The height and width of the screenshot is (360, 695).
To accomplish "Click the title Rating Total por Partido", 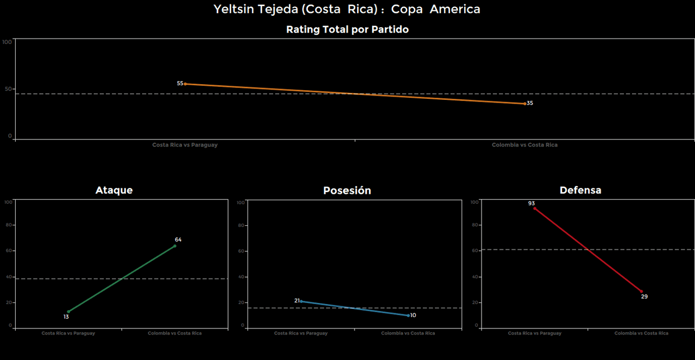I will pyautogui.click(x=347, y=30).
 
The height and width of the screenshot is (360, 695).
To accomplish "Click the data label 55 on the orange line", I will pyautogui.click(x=180, y=84).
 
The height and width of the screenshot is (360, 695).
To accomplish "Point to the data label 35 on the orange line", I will pyautogui.click(x=530, y=103).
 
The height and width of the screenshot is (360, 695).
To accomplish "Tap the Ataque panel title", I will pyautogui.click(x=114, y=190).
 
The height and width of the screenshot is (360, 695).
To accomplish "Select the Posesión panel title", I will pyautogui.click(x=347, y=191).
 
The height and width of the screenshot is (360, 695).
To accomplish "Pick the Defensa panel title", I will pyautogui.click(x=580, y=190).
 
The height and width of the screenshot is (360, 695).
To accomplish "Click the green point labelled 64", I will pyautogui.click(x=175, y=246).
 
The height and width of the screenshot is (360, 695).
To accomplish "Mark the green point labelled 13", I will pyautogui.click(x=68, y=312).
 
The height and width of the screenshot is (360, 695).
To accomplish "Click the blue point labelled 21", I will pyautogui.click(x=301, y=301).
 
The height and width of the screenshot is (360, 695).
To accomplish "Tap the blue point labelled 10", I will pyautogui.click(x=408, y=315).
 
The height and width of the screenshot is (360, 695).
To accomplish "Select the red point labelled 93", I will pyautogui.click(x=534, y=209).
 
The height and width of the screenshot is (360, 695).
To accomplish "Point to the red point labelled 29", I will pyautogui.click(x=641, y=292).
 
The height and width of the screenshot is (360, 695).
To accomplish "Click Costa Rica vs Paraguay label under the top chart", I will pyautogui.click(x=185, y=145).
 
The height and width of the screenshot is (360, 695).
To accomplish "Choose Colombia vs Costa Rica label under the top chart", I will pyautogui.click(x=525, y=145).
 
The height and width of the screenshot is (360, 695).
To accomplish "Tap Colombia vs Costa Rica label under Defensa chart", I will pyautogui.click(x=641, y=333).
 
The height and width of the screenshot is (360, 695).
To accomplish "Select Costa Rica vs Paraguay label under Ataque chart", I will pyautogui.click(x=68, y=333).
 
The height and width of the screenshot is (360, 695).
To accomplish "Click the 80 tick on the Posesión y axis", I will pyautogui.click(x=242, y=225).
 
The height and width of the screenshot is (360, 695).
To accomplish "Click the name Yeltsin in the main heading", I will pyautogui.click(x=232, y=9).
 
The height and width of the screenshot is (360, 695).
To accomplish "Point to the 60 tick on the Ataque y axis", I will pyautogui.click(x=8, y=251).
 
